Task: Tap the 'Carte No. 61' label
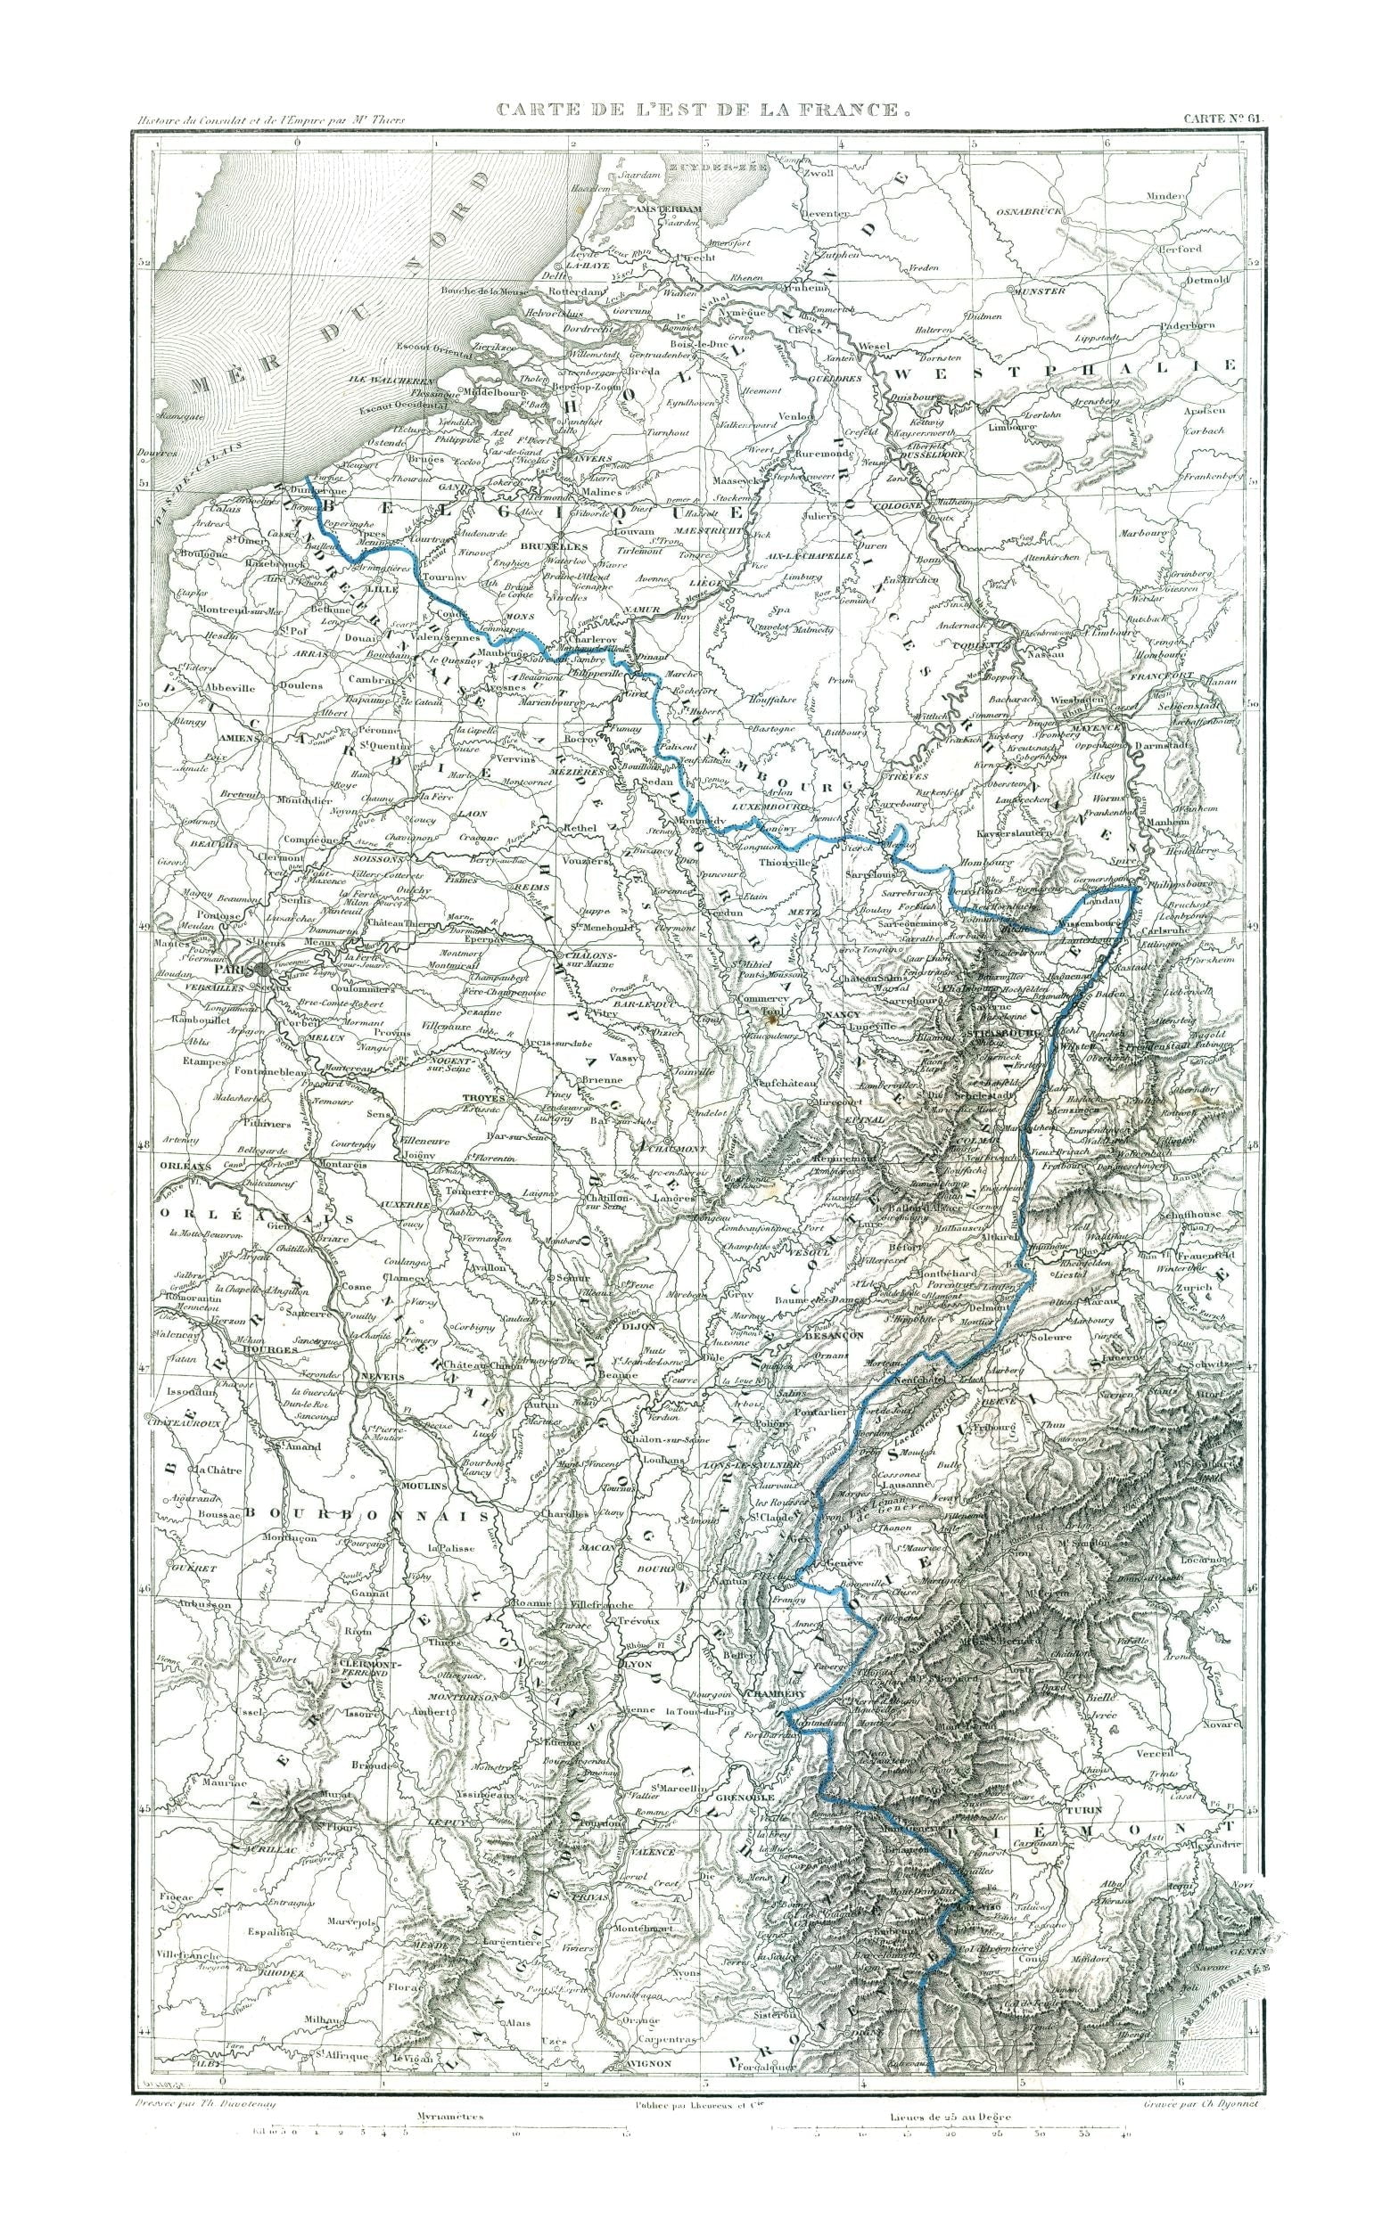1222,119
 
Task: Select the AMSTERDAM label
668,209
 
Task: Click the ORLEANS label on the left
180,1166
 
